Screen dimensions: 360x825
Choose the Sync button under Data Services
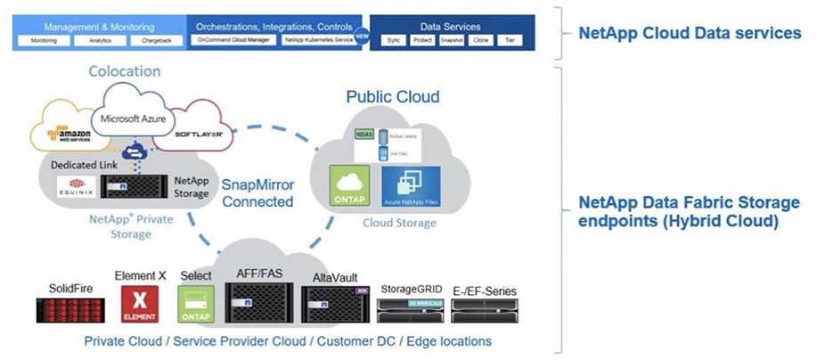pyautogui.click(x=393, y=41)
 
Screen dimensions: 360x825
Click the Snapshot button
pyautogui.click(x=453, y=41)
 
